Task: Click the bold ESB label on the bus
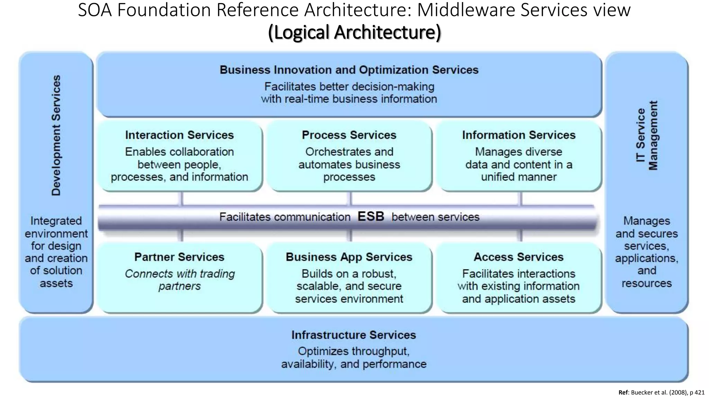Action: pos(371,216)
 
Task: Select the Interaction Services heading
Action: pos(179,135)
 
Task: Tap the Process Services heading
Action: pos(349,135)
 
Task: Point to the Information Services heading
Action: pos(519,135)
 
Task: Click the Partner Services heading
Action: pos(179,257)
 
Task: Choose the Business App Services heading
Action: pos(349,257)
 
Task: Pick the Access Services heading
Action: pos(519,257)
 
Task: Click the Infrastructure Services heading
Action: pos(353,335)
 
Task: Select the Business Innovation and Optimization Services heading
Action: pos(349,70)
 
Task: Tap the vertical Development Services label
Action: pos(56,135)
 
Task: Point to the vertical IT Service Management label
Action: pos(647,135)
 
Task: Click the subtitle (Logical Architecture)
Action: pos(354,32)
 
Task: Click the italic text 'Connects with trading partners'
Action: pos(179,280)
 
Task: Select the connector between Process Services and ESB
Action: pos(350,199)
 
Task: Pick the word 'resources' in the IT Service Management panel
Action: pos(647,283)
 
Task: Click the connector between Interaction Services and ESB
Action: pos(181,199)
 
